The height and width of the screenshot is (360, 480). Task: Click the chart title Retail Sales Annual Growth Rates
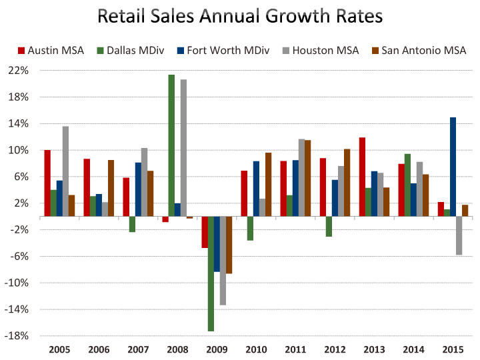(240, 16)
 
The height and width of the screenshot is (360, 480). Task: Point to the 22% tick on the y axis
(19, 71)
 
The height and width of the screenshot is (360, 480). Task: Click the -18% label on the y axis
(18, 336)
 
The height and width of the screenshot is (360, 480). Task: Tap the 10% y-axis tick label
(19, 150)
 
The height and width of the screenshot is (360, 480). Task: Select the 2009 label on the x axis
(217, 349)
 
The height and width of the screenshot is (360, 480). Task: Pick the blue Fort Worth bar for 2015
(453, 167)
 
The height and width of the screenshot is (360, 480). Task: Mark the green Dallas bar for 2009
(211, 273)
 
